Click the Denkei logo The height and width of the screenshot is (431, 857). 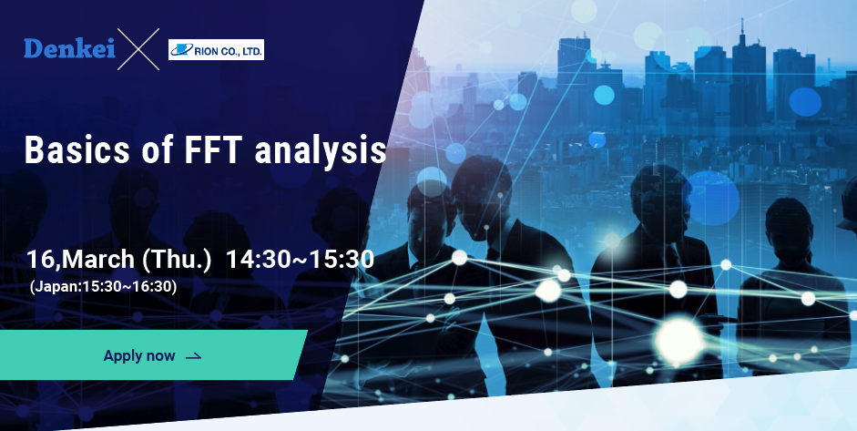(x=69, y=50)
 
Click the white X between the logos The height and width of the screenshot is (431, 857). (x=138, y=50)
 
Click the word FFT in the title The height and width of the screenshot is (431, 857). (x=210, y=150)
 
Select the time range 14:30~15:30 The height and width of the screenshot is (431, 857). (x=300, y=260)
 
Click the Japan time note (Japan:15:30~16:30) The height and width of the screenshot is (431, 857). (x=102, y=286)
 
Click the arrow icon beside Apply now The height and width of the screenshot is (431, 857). (x=193, y=356)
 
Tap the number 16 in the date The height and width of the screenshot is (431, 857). (x=40, y=260)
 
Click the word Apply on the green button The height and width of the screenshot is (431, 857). (x=124, y=356)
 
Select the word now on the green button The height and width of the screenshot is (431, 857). (x=161, y=356)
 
